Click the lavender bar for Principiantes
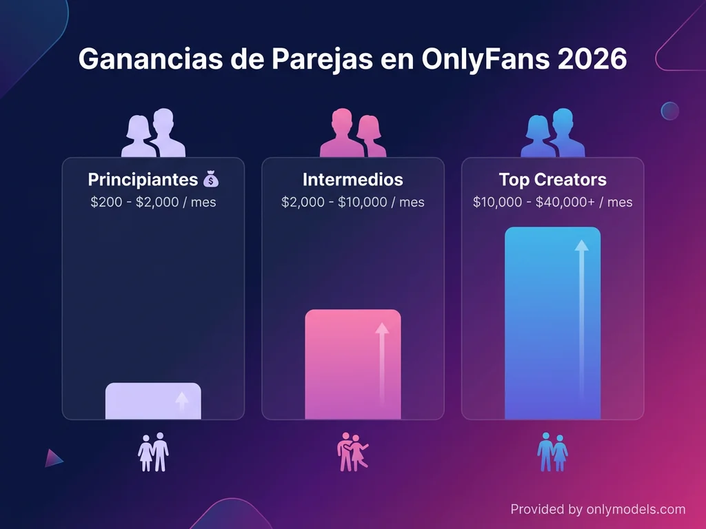coord(153,402)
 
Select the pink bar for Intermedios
coord(352,364)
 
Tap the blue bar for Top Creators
coord(552,323)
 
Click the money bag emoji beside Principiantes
coord(211,180)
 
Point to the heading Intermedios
coord(352,180)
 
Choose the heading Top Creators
coord(552,180)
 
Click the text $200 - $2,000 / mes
coord(153,203)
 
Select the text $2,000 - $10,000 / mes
coord(352,203)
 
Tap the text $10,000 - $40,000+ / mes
coord(552,203)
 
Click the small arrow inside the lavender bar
coord(181,401)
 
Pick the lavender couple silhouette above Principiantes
coord(153,132)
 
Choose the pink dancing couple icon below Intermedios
coord(352,452)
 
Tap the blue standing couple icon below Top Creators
coord(552,452)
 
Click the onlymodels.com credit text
coord(598,510)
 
